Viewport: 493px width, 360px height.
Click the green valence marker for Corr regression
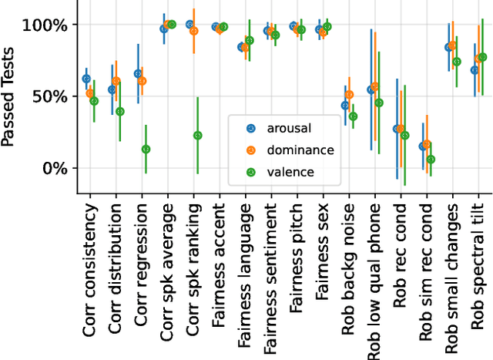point(146,149)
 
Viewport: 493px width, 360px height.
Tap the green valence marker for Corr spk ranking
point(198,135)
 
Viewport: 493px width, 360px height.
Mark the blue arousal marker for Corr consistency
point(86,79)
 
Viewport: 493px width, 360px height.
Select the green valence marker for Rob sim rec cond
point(431,160)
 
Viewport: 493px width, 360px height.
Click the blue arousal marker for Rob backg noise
point(344,105)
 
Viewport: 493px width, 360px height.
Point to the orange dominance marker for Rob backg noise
point(350,95)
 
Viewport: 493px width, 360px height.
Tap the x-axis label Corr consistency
point(90,262)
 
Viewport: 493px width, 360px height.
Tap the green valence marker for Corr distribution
point(119,112)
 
